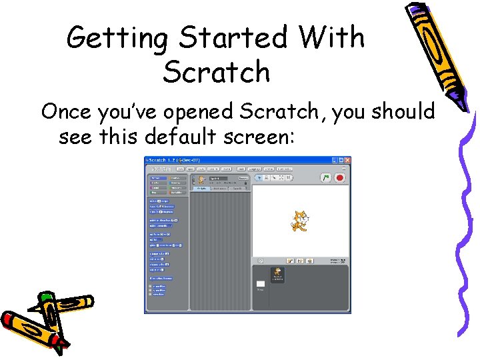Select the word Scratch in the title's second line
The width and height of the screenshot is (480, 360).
click(x=216, y=72)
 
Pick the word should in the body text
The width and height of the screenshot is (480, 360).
click(x=403, y=111)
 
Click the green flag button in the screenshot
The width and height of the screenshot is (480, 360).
click(x=327, y=178)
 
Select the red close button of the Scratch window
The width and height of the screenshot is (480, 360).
click(x=347, y=161)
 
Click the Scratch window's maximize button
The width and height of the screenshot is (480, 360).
click(x=340, y=161)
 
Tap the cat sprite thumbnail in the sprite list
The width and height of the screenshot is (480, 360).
click(x=278, y=273)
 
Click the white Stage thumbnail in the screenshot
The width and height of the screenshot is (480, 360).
click(x=261, y=284)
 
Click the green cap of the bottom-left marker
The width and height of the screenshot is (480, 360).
click(x=45, y=295)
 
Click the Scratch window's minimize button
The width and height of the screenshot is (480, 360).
click(x=333, y=161)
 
